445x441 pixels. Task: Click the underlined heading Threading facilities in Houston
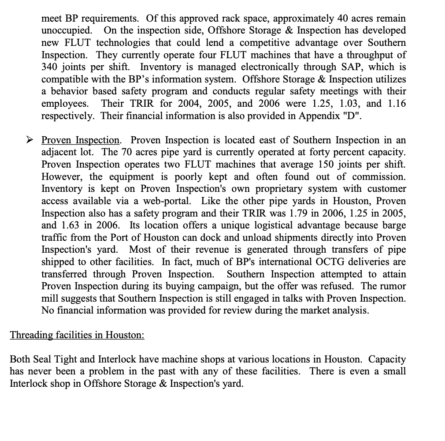click(77, 334)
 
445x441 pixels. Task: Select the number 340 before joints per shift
click(50, 67)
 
